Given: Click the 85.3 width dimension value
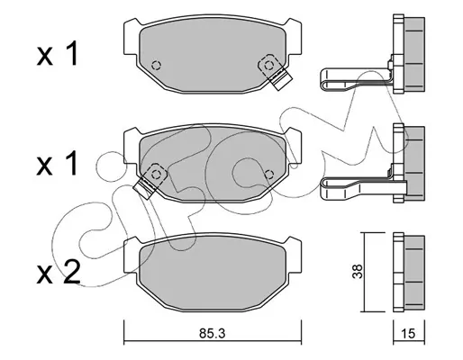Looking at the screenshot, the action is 213,333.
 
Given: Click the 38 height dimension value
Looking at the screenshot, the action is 358,271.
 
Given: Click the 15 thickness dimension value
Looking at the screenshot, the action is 408,334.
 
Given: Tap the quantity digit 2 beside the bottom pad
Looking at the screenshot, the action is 71,272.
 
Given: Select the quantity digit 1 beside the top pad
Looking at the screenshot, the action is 73,53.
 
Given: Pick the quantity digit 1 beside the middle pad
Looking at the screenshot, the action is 73,163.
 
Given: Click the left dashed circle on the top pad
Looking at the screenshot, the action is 157,65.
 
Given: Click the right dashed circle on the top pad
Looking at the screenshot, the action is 268,65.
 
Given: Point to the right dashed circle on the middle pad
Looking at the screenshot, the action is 269,174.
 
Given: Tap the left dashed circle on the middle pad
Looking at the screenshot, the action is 156,174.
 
